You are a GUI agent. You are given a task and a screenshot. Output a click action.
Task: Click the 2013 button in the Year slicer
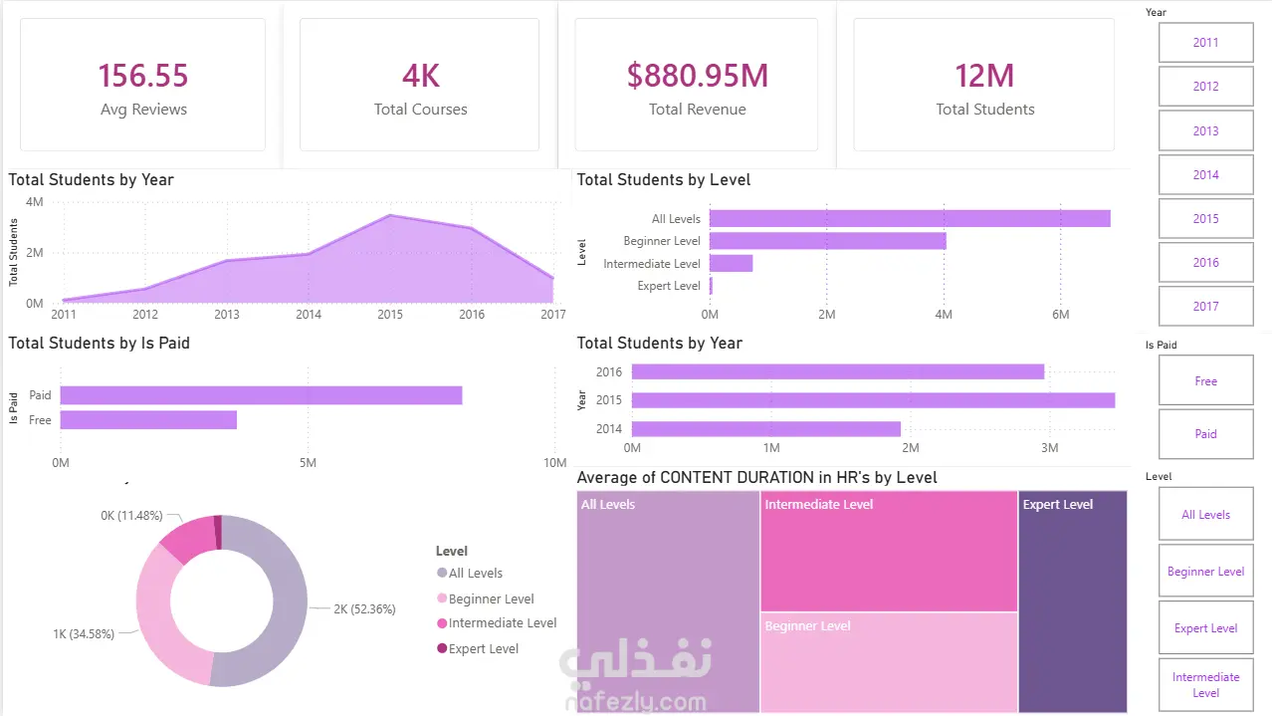(1205, 130)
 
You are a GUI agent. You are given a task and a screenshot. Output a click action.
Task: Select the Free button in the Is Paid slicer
(1205, 380)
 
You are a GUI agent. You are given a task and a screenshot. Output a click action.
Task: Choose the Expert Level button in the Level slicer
(1205, 628)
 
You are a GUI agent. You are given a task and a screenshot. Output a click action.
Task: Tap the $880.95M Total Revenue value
(698, 76)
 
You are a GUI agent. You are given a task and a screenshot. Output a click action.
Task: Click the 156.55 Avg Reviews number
(143, 76)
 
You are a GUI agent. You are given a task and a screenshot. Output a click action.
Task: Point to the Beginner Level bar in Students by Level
(828, 241)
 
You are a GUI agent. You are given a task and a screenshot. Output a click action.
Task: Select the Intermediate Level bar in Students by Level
(732, 263)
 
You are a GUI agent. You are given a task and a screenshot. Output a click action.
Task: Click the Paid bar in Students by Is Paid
(261, 395)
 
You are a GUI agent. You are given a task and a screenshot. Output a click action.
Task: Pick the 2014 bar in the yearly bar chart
(766, 428)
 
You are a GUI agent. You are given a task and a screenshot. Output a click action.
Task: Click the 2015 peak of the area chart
(390, 215)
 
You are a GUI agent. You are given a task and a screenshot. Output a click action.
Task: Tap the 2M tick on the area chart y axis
(35, 252)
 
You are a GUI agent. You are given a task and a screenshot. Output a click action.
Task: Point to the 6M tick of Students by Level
(1060, 315)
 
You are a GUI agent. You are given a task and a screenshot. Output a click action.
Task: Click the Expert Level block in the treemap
(1073, 601)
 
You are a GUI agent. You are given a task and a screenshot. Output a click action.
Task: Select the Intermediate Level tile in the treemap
(889, 552)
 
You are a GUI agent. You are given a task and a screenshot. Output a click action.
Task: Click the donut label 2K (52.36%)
(364, 609)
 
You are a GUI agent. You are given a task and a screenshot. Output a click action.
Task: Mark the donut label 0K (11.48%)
(131, 516)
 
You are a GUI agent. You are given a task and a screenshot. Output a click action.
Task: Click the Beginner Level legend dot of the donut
(442, 597)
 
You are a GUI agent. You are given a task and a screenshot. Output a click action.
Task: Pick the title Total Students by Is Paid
(99, 344)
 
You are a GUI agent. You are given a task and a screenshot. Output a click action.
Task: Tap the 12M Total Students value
(984, 76)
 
